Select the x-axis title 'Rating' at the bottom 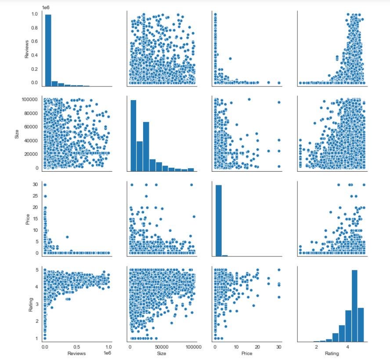pos(332,353)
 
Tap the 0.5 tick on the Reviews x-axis pos(76,346)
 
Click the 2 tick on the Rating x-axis pos(316,346)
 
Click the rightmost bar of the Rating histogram pos(361,324)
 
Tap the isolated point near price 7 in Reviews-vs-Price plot pos(230,58)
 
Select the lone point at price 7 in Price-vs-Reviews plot pos(67,237)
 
